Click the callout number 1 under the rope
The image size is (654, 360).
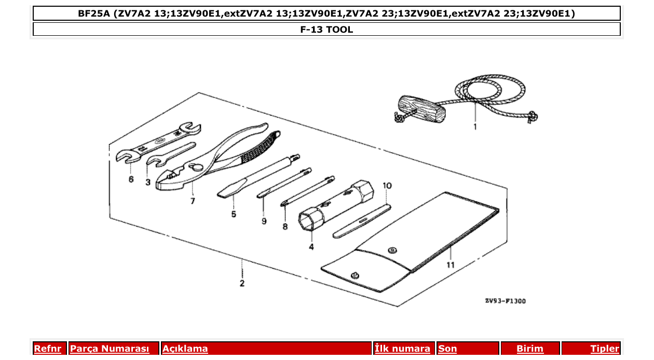point(474,126)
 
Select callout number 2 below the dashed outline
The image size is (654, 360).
point(242,283)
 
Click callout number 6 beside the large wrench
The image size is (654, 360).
point(131,179)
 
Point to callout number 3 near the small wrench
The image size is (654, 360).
point(148,182)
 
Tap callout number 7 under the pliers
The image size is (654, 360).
point(193,201)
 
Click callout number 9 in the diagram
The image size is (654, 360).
point(264,221)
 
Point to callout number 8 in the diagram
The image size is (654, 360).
point(285,226)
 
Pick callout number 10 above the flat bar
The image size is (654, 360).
point(387,185)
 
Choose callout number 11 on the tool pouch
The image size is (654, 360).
point(451,265)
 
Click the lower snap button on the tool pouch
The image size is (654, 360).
point(355,275)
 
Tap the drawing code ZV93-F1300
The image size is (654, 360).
point(505,301)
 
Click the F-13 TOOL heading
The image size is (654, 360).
point(326,30)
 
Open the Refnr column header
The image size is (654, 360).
point(48,349)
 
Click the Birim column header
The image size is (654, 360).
point(529,349)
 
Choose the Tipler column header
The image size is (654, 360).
point(604,349)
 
